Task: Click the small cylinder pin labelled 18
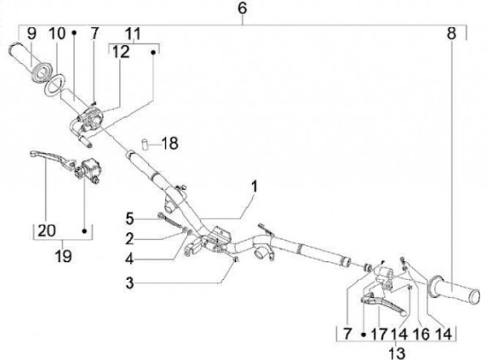[x=144, y=143]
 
